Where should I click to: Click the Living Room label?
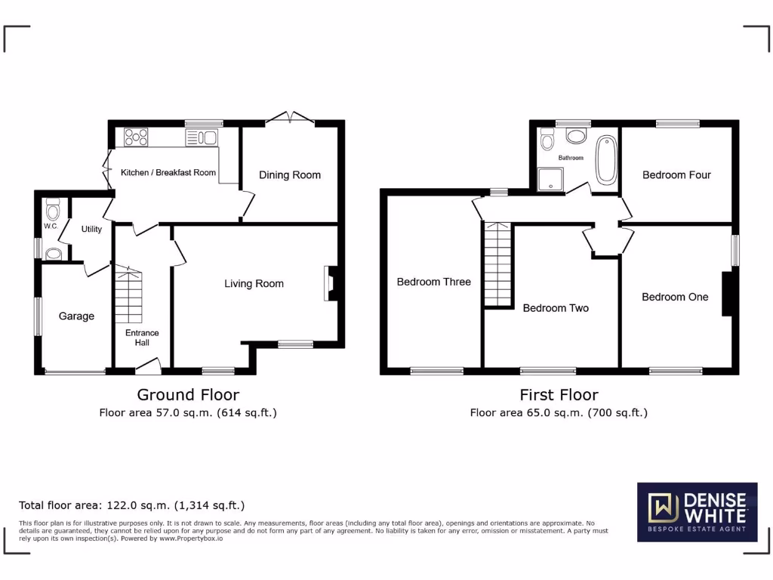254,284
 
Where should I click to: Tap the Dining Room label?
290,175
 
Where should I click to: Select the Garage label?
76,316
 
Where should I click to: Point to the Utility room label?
91,230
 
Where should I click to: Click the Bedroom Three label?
433,282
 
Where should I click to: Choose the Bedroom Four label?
676,175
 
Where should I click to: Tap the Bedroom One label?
675,298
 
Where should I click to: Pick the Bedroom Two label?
556,308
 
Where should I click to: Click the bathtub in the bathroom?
606,159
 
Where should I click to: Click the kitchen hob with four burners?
136,137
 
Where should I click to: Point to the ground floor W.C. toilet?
52,208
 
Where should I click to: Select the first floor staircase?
497,264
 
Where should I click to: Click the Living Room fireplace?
330,283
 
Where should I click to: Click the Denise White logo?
697,511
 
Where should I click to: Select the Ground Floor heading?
188,394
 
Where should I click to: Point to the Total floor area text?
131,505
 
